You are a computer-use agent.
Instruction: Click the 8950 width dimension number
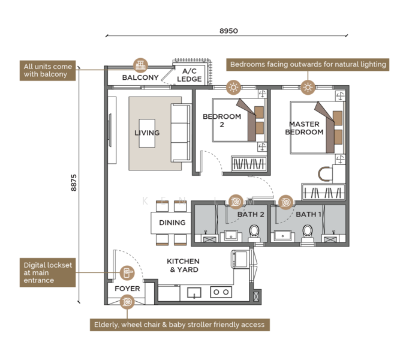coord(228,31)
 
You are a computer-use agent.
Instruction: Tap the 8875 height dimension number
coord(74,183)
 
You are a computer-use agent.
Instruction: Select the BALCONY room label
coord(140,77)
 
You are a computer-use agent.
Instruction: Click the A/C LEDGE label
coord(190,75)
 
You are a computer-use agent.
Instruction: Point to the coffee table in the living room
coord(147,133)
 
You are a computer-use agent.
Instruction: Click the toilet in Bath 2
coord(254,233)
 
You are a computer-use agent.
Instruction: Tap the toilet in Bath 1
coord(307,233)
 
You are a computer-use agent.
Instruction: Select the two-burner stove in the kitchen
coord(221,292)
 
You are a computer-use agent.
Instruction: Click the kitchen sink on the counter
coord(194,293)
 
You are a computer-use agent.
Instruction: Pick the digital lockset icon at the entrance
coord(127,273)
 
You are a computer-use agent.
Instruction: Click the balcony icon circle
coord(140,65)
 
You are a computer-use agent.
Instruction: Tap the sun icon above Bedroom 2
coord(233,87)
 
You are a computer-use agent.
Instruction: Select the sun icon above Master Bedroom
coord(308,87)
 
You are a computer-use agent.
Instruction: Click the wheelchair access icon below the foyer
coord(127,302)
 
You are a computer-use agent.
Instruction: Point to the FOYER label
coord(127,289)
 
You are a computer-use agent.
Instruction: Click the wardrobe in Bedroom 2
coord(249,164)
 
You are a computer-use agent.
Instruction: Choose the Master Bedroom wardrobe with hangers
coord(323,192)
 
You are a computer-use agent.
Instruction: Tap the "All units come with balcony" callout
coord(48,70)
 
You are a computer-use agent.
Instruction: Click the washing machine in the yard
coord(240,259)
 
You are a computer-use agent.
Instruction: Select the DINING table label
coord(173,223)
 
